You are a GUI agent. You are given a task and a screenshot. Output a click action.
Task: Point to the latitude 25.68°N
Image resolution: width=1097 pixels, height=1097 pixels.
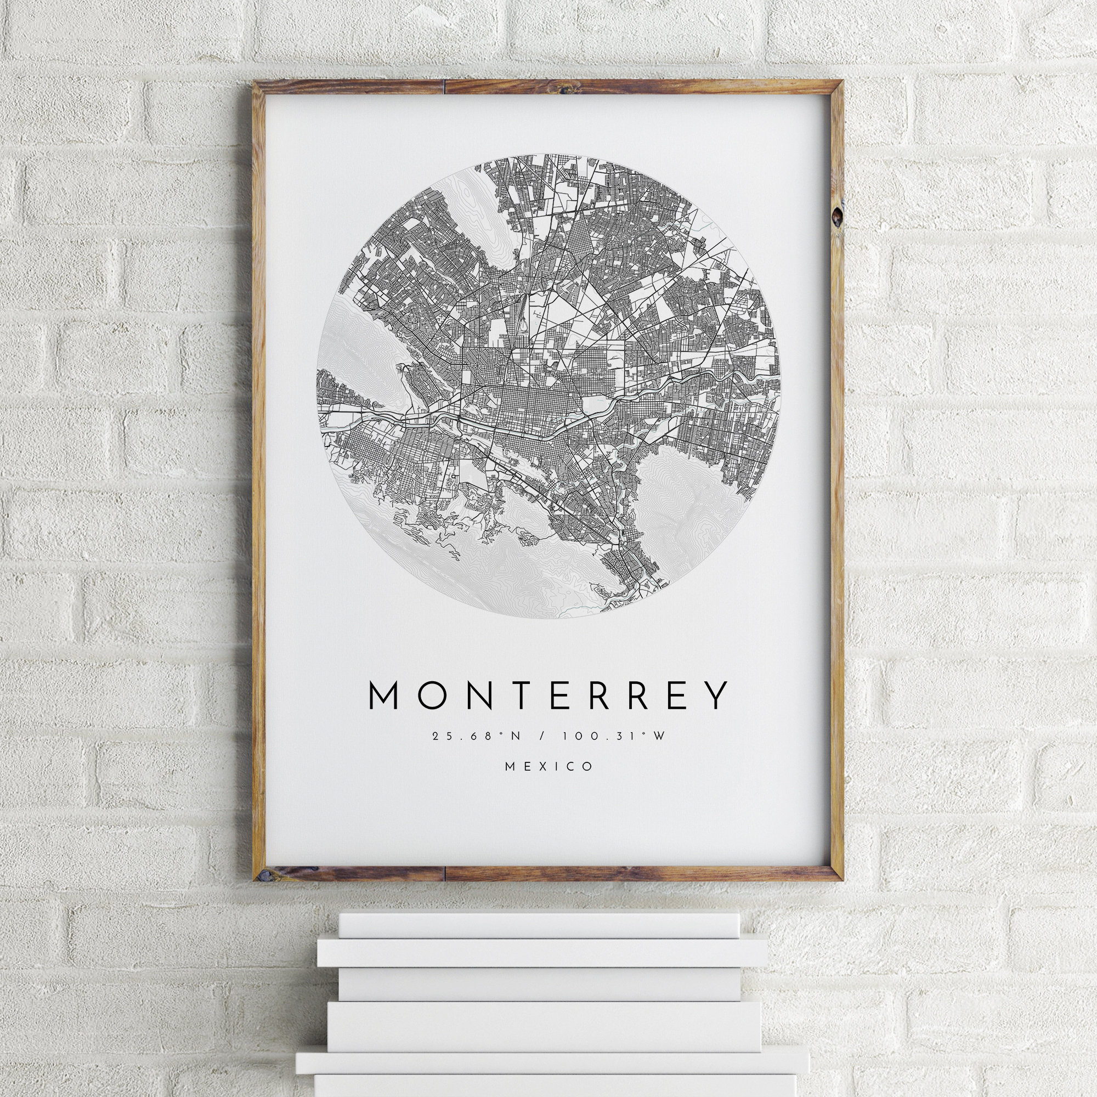[x=476, y=737]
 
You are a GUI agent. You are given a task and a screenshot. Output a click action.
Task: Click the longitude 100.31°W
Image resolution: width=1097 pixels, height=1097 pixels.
[x=613, y=737]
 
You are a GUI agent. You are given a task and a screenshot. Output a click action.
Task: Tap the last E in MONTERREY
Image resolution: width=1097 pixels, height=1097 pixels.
[x=675, y=695]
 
